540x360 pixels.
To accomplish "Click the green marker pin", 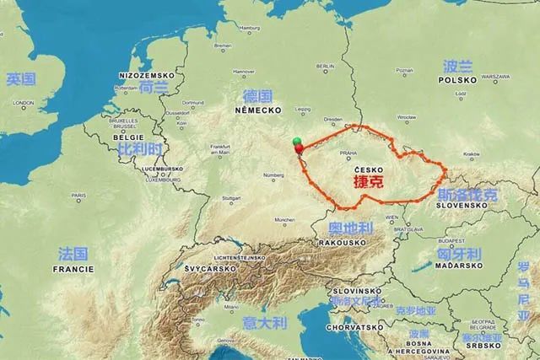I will (x=295, y=141).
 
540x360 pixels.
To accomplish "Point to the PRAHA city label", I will (x=347, y=154).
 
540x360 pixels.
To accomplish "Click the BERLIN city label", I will (x=326, y=66).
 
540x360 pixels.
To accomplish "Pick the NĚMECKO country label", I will (x=259, y=110).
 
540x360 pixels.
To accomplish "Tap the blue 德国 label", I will (x=257, y=95).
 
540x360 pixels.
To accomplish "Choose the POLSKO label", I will (x=458, y=79).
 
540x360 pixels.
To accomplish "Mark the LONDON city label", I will (x=24, y=103).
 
